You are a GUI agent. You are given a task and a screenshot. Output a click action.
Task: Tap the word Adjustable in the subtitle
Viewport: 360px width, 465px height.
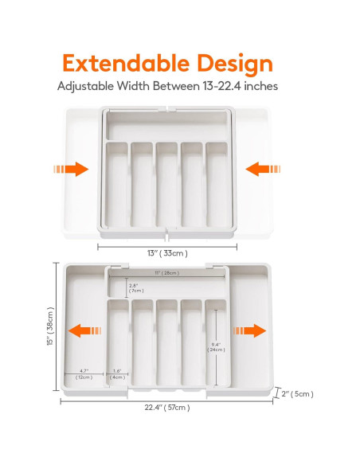pos(89,86)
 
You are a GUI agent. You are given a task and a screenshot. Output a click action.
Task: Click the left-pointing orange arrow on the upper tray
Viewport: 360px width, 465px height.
pos(262,169)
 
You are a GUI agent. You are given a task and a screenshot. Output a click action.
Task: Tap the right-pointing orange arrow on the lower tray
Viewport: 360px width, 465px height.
pos(249,330)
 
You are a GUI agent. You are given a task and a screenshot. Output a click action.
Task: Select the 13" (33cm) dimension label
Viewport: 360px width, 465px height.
pos(168,253)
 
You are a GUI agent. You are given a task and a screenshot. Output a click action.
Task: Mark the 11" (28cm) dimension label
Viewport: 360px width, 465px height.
pos(166,273)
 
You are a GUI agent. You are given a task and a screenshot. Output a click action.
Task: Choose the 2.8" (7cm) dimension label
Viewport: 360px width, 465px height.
pos(135,287)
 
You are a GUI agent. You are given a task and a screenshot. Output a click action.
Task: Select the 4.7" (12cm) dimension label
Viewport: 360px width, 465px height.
pos(84,373)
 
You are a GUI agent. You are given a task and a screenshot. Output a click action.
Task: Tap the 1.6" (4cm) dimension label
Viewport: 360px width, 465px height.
pos(118,373)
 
